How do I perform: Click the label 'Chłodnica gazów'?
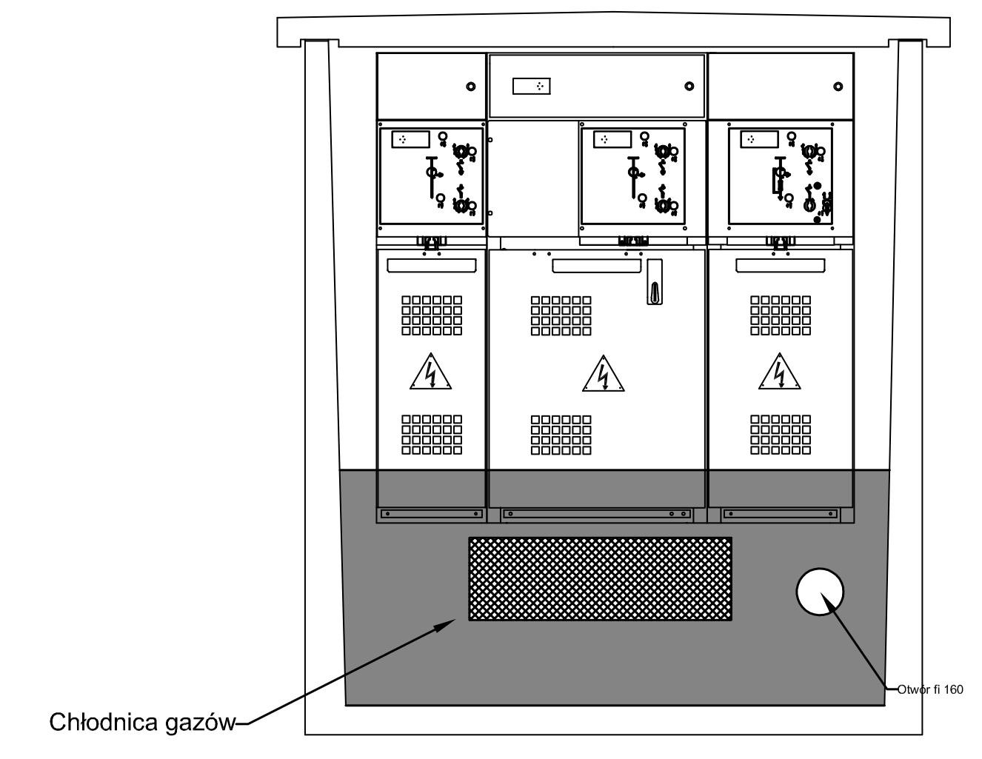[x=143, y=723]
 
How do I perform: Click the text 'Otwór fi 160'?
[x=930, y=689]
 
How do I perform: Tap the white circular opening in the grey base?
[x=820, y=592]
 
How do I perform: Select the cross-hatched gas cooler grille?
[x=600, y=579]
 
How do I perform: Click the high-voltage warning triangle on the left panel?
[x=431, y=372]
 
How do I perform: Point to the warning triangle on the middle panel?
[x=604, y=374]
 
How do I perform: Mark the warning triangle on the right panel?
[x=780, y=372]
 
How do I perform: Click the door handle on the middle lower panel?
[x=655, y=281]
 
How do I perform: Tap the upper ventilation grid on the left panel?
[x=432, y=315]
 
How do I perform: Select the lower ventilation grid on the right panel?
[x=781, y=435]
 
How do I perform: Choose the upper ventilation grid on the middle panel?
[x=561, y=315]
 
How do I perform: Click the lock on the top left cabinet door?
[x=470, y=87]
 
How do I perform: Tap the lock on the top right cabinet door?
[x=838, y=87]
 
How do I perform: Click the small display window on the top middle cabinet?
[x=532, y=86]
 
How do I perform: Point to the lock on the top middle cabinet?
[x=689, y=86]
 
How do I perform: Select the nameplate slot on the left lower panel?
[x=432, y=266]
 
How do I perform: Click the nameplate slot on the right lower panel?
[x=781, y=266]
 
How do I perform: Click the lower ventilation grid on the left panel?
[x=432, y=435]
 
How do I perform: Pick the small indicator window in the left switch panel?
[x=410, y=140]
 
